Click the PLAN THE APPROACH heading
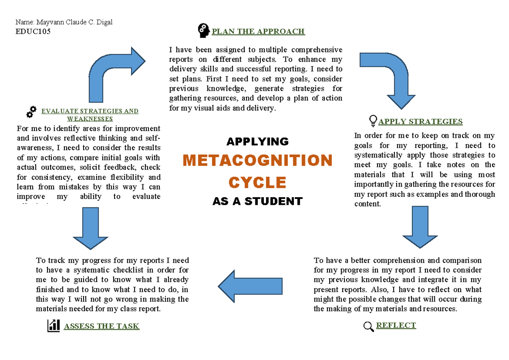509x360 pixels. [258, 31]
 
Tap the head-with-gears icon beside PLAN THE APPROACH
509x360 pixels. [203, 30]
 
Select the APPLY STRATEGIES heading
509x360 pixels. [420, 122]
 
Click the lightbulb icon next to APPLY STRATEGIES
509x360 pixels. [373, 121]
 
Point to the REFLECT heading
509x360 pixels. [396, 325]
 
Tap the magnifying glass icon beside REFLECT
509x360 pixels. [369, 327]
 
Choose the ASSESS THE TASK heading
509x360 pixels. [101, 326]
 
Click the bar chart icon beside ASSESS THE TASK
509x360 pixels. [53, 326]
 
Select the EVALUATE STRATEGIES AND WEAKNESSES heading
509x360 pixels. [89, 115]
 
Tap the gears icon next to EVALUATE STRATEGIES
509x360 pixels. [31, 112]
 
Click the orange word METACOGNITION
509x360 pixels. [257, 161]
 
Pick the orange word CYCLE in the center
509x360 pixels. [257, 183]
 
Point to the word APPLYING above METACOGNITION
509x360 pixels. [257, 141]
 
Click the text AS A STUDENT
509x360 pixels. [257, 201]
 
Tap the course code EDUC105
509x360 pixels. [33, 31]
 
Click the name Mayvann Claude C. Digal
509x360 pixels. [64, 22]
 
